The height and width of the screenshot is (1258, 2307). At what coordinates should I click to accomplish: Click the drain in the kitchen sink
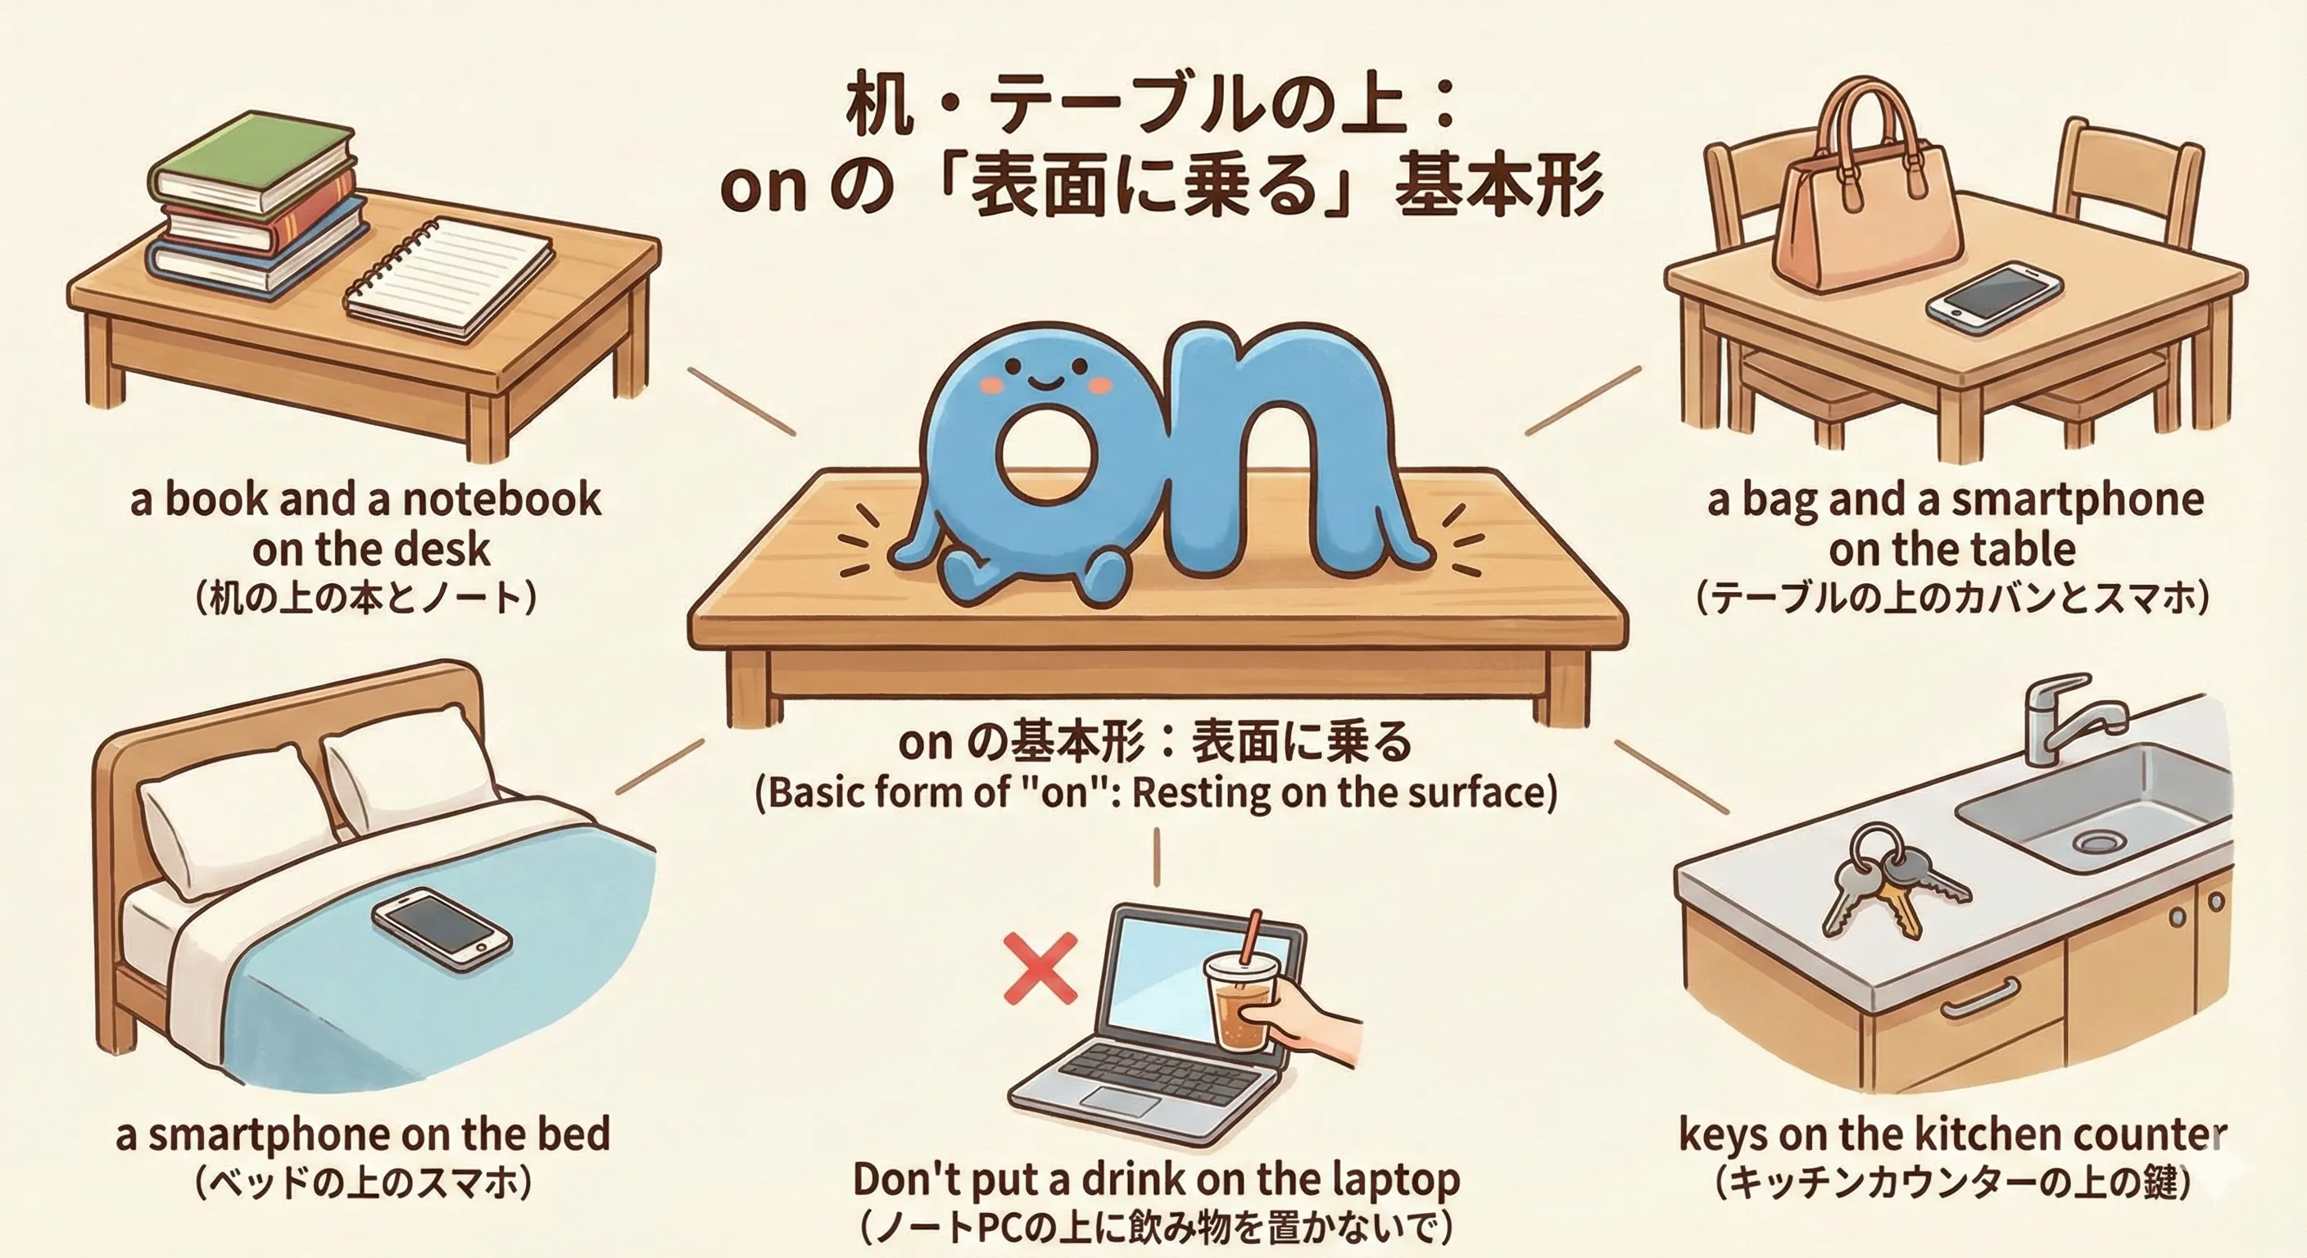[x=2098, y=841]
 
